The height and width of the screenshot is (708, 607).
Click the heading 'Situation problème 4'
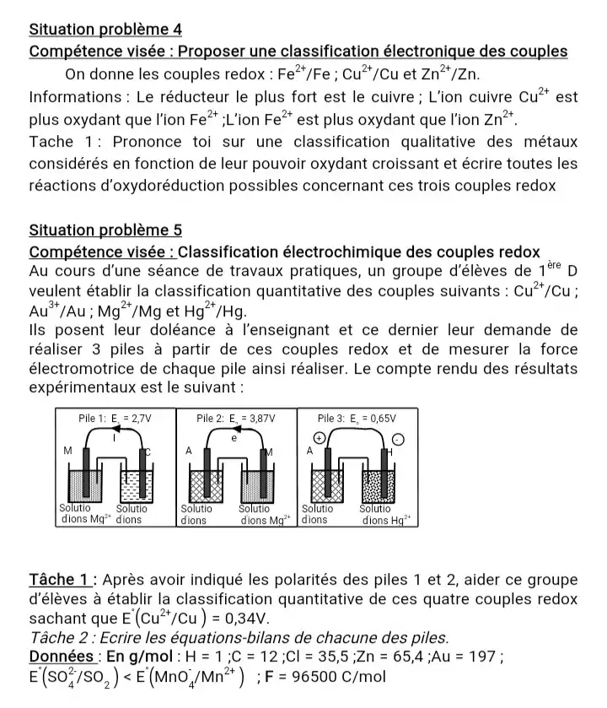point(105,29)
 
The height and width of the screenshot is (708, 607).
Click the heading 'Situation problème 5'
point(105,230)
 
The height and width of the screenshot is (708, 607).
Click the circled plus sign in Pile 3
point(319,439)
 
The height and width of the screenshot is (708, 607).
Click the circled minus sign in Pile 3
point(399,440)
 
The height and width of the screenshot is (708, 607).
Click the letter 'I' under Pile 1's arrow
point(115,439)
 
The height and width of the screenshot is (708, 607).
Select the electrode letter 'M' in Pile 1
point(67,451)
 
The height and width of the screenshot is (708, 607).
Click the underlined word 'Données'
point(60,656)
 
